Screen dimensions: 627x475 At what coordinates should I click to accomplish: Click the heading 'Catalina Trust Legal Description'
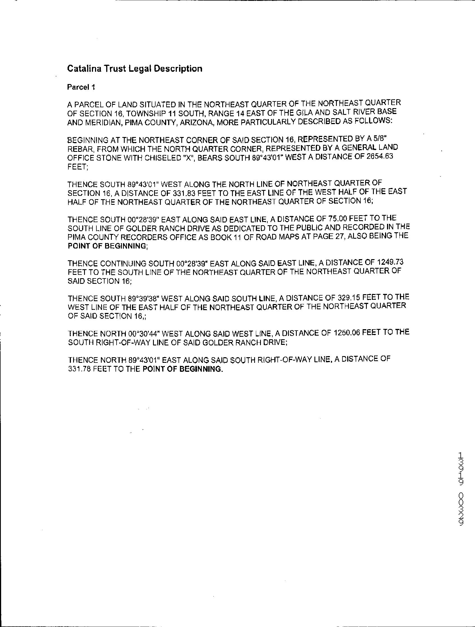click(135, 69)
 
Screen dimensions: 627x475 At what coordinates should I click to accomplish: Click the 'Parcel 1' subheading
click(81, 87)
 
